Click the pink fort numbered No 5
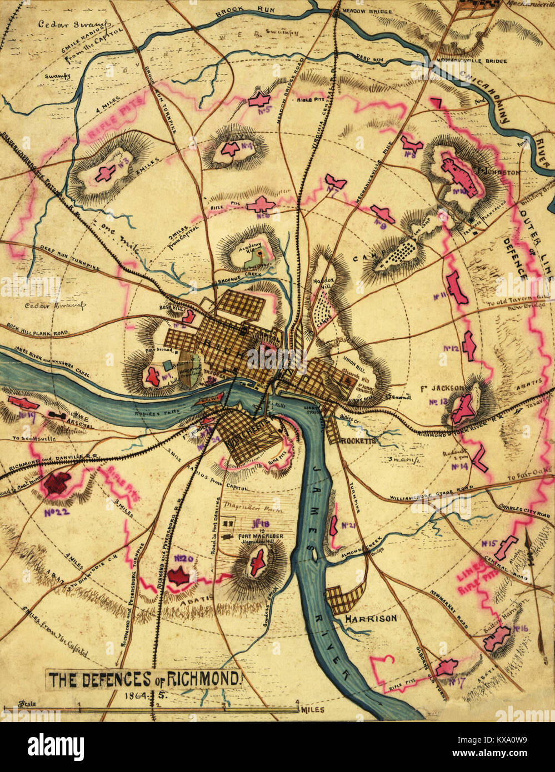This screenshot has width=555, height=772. tap(259, 100)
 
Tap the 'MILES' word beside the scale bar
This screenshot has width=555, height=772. tap(313, 710)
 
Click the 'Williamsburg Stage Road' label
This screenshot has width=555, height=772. tap(426, 497)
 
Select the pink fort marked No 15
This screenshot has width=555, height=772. tap(504, 547)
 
